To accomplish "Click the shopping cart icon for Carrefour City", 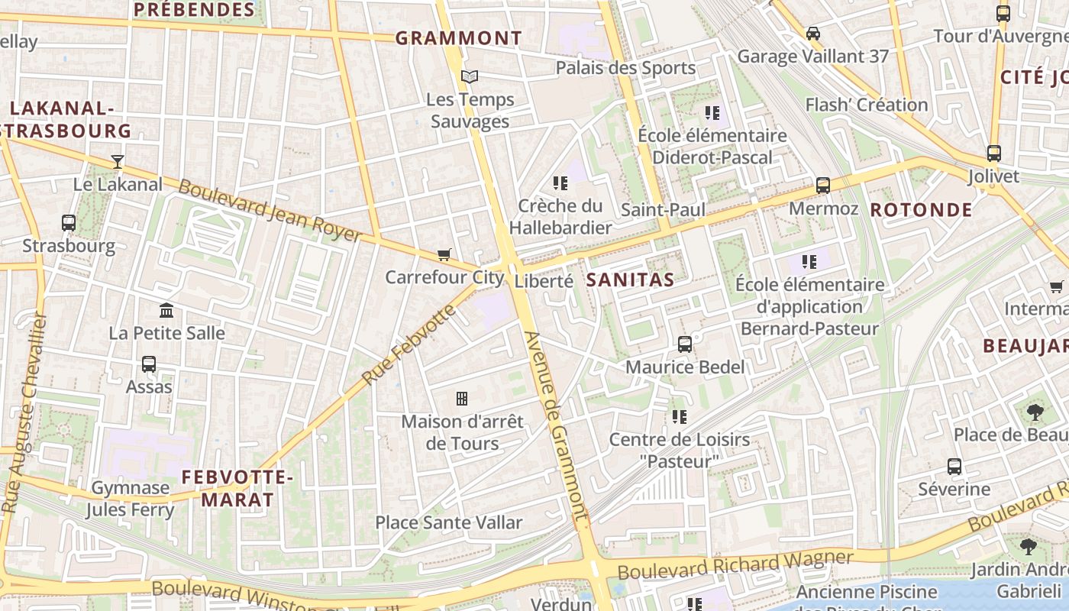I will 444,254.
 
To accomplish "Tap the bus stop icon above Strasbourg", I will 69,223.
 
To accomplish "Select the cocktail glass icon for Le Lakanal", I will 117,161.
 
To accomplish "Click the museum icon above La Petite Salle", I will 166,310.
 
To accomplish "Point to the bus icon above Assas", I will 149,364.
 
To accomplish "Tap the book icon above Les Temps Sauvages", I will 469,76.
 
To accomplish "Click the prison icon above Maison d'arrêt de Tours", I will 462,398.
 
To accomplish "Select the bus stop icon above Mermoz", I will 822,186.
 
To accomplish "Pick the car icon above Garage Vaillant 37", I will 813,34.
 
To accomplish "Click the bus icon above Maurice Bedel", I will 685,344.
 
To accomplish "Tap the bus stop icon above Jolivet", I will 993,154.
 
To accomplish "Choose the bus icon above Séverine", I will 954,466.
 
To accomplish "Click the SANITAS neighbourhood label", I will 630,280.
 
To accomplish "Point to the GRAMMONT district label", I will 459,37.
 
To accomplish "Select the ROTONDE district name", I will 921,209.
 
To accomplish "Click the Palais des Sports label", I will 625,68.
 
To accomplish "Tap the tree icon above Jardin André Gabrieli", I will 1028,546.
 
